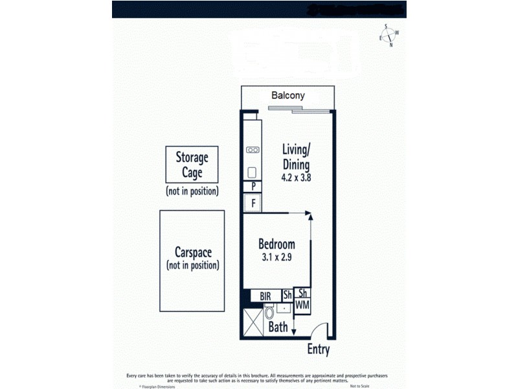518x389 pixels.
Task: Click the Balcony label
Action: (288, 95)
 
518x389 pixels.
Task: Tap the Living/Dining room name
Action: (295, 156)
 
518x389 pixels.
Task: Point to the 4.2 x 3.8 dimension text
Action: (296, 177)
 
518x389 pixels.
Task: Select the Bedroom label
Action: (276, 244)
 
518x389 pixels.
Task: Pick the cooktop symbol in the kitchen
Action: (253, 150)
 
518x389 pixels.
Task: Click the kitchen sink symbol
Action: (253, 172)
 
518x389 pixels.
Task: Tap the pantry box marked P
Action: (253, 187)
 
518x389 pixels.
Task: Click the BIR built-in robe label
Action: (265, 296)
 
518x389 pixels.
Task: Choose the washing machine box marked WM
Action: (302, 305)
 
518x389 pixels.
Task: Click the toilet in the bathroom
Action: (269, 315)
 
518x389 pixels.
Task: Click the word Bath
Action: (278, 327)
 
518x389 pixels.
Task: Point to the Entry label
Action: (318, 350)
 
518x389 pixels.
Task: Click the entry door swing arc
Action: (321, 327)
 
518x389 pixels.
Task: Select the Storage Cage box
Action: (192, 165)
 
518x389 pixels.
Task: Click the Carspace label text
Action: (192, 252)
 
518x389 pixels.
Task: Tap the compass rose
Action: (389, 36)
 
